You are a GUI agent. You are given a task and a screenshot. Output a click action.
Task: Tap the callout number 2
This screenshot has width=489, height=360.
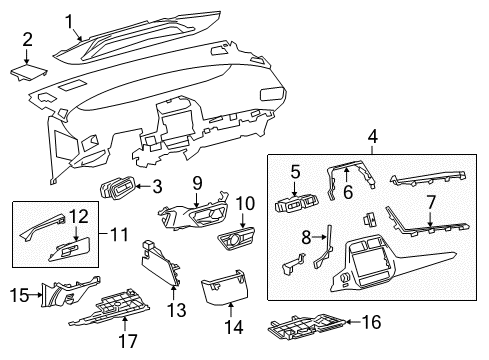[28, 40]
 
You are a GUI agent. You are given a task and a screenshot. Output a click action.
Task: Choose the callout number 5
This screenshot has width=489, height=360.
[295, 171]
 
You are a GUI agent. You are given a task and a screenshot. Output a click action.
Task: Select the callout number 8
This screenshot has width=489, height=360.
[306, 237]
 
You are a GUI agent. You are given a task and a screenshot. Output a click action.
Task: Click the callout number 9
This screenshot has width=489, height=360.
[197, 182]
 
